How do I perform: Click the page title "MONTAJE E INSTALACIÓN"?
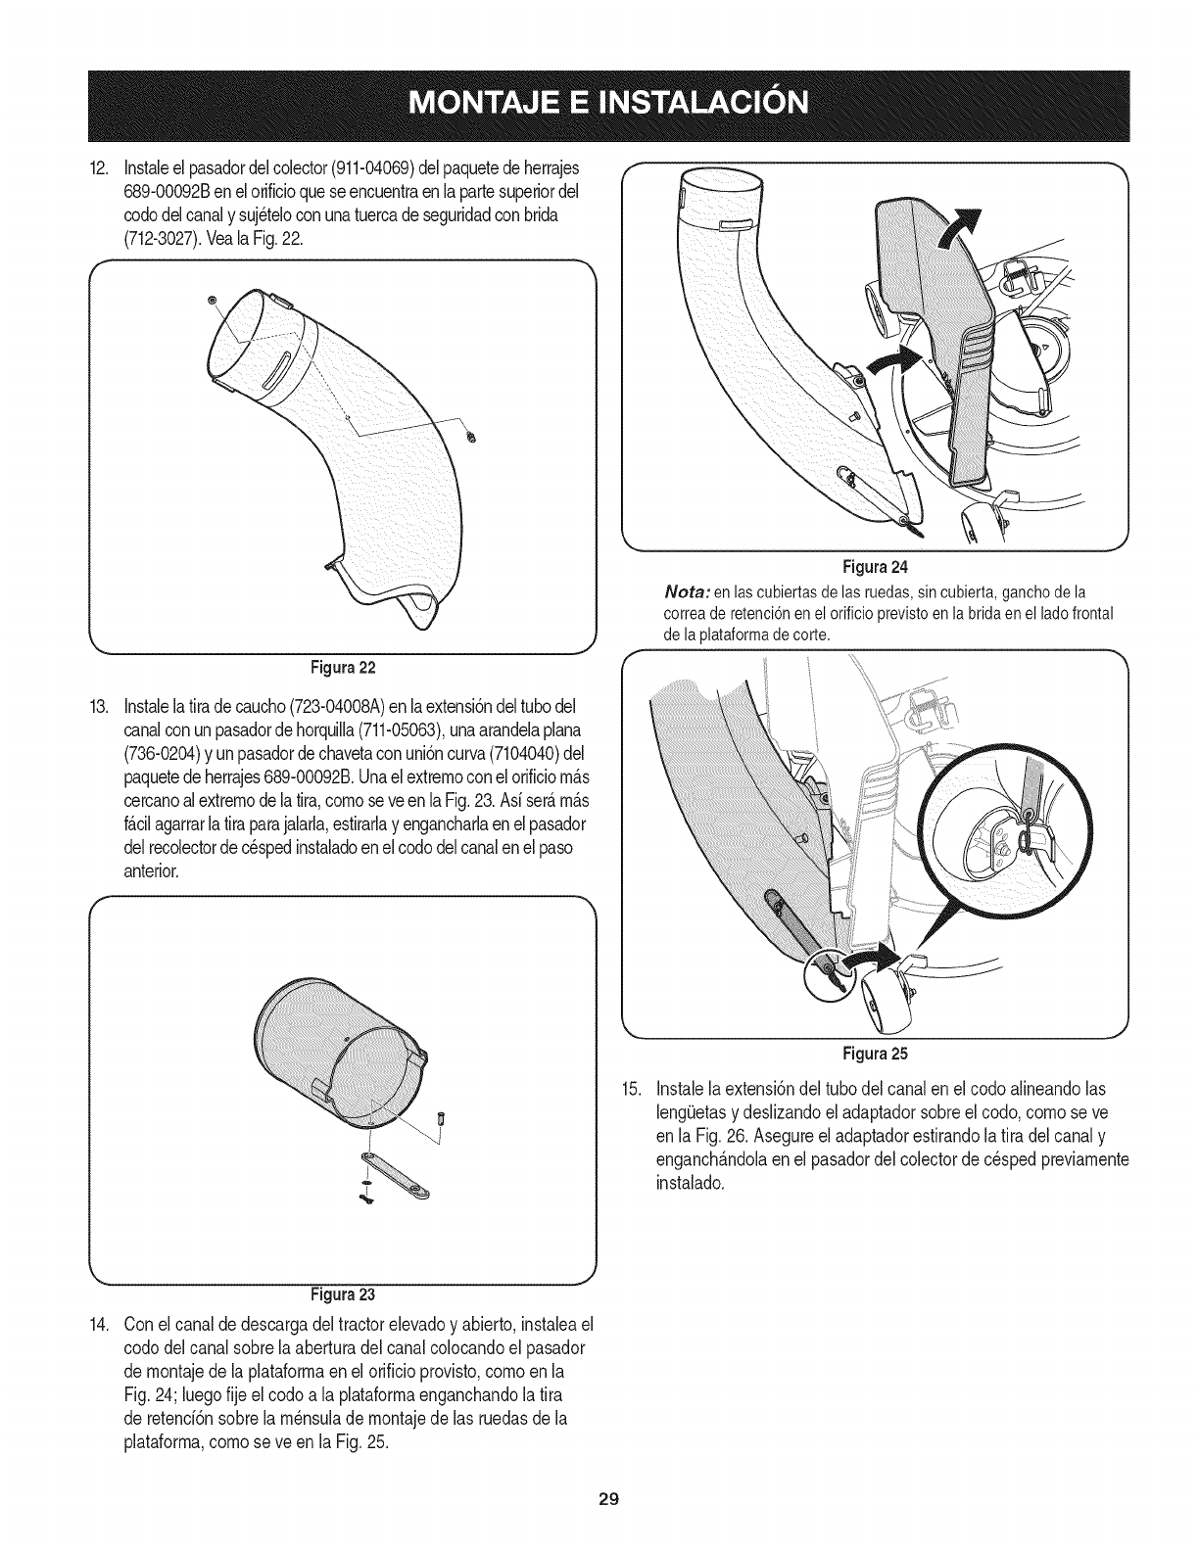coord(599,103)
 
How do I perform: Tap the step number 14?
coord(97,1326)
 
